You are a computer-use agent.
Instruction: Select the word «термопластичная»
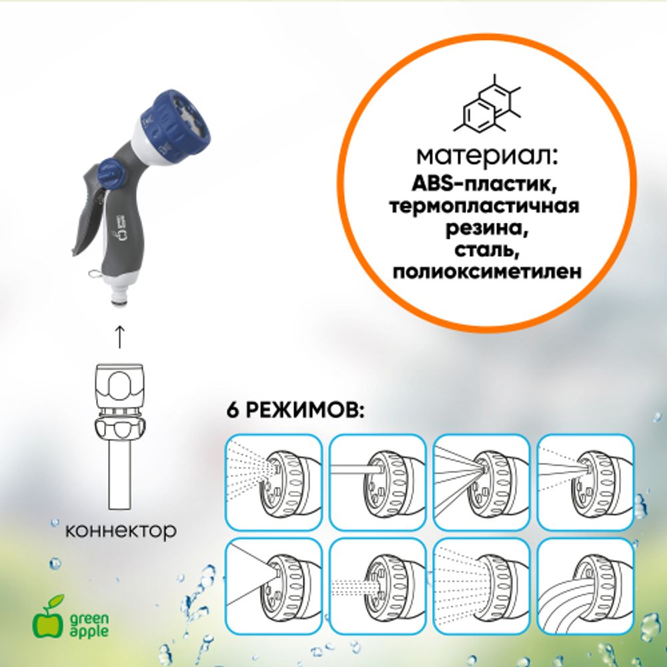(487, 206)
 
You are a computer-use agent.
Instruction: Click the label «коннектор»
(121, 531)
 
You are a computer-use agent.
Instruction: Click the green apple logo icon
(46, 618)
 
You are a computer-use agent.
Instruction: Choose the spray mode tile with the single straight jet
(378, 482)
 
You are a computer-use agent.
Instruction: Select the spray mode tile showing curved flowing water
(585, 586)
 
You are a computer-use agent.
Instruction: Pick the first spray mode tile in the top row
(274, 482)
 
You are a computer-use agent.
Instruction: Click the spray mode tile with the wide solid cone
(274, 586)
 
